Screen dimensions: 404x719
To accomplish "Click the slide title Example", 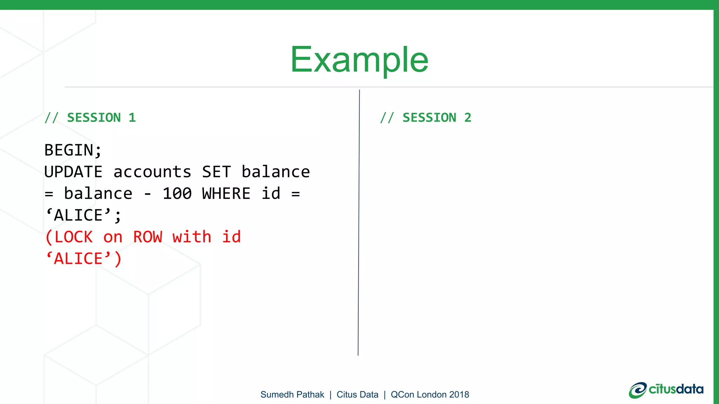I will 359,60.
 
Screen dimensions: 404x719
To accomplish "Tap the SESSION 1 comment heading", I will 90,118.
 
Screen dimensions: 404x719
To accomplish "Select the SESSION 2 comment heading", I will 426,118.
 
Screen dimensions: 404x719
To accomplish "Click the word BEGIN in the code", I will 69,150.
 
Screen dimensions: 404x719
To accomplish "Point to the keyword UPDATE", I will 73,172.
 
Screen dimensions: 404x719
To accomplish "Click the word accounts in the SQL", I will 152,172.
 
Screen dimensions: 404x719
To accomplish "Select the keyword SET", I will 216,172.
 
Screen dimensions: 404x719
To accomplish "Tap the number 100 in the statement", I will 177,194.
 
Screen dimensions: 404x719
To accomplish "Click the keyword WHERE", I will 226,194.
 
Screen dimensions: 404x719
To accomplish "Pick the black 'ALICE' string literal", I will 79,215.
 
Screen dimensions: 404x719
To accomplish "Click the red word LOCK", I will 74,237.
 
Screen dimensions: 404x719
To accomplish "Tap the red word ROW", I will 147,237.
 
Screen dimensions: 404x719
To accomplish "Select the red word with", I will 192,237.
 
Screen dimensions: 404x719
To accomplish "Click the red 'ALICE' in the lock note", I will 79,259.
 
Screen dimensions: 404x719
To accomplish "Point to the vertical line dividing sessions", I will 359,224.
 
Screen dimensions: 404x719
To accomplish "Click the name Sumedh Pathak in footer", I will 292,395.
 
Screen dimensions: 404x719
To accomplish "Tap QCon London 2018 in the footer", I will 430,395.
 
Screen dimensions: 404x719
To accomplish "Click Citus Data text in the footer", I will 357,395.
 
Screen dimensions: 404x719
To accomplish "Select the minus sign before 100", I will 148,194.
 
